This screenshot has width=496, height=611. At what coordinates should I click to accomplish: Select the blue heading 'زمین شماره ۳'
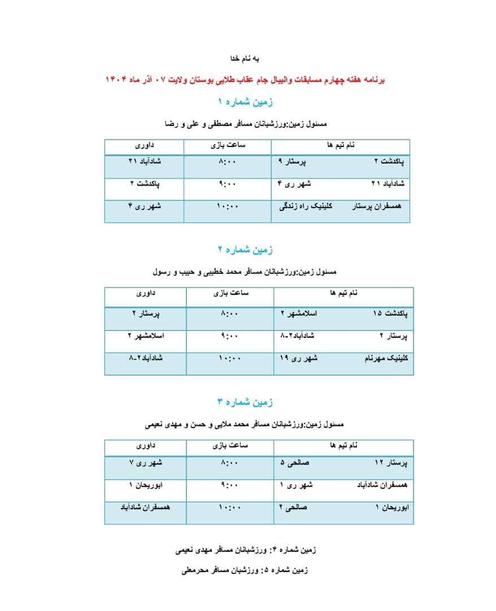[245, 402]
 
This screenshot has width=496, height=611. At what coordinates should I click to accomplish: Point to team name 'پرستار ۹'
[292, 161]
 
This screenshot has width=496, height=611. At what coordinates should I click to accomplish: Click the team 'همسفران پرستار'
[377, 206]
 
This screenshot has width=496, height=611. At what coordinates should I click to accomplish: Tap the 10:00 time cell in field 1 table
[228, 206]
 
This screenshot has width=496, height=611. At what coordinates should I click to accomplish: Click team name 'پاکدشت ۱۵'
[390, 313]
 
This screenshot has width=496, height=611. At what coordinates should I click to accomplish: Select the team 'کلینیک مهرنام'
[386, 358]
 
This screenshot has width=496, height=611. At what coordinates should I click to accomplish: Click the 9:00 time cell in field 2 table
[229, 335]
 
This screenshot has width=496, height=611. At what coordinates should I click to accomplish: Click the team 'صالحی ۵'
[294, 463]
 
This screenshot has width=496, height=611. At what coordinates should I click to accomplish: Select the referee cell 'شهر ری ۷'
[146, 463]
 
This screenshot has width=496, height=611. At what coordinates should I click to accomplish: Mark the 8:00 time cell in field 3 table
[229, 463]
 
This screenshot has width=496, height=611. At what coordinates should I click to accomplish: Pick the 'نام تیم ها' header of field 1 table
[342, 145]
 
